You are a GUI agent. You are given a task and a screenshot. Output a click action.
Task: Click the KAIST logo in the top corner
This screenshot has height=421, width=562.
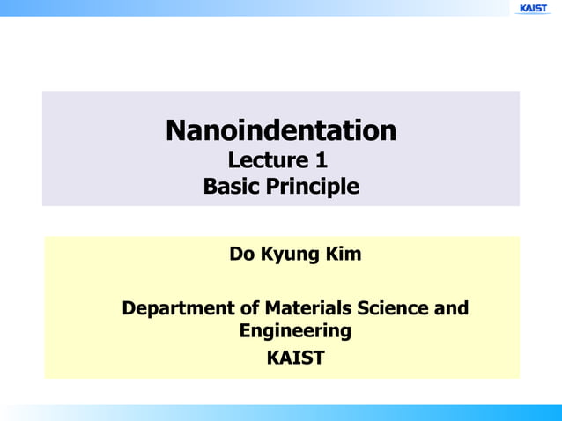(533, 8)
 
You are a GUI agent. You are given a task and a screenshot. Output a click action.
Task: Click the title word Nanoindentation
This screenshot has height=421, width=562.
(281, 131)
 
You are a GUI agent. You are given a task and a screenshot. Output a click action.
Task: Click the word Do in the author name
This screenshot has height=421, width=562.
(240, 255)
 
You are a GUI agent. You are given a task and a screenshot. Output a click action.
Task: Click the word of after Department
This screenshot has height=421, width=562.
(248, 309)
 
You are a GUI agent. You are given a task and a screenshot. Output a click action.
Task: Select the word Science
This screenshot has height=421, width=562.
(396, 309)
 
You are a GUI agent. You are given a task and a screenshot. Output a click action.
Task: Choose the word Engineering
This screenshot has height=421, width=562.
(294, 332)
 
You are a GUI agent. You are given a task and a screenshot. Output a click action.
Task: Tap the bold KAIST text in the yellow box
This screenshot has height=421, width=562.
(294, 358)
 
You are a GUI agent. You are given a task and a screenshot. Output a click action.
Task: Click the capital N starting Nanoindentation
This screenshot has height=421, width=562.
(176, 131)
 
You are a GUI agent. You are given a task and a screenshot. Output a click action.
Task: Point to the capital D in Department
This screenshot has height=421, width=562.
(129, 309)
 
